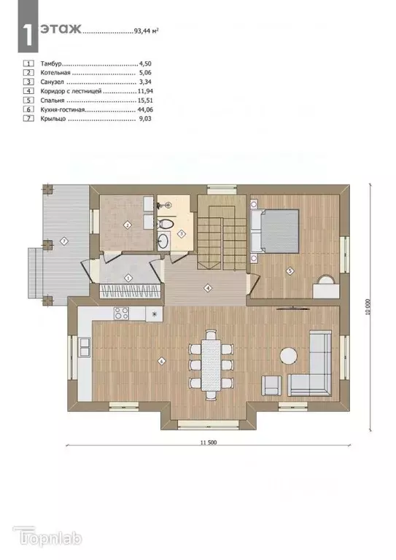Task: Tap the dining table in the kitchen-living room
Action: point(211,364)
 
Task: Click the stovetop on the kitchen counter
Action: point(121,314)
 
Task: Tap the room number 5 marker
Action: point(290,271)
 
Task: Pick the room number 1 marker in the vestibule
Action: point(128,277)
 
